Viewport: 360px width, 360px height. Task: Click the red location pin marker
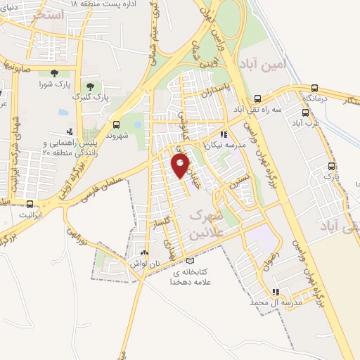(x=181, y=165)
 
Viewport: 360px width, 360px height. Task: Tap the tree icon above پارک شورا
(x=54, y=73)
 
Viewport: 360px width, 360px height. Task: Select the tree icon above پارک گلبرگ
(x=89, y=85)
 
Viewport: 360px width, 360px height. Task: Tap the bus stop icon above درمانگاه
(x=314, y=89)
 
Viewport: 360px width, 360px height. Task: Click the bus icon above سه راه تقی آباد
(x=258, y=99)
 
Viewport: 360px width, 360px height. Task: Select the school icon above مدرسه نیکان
(x=224, y=134)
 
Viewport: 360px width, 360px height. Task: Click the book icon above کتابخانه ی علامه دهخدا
(x=189, y=260)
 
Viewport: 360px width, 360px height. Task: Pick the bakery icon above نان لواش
(x=144, y=252)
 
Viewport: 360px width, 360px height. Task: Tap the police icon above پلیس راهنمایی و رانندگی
(x=69, y=131)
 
